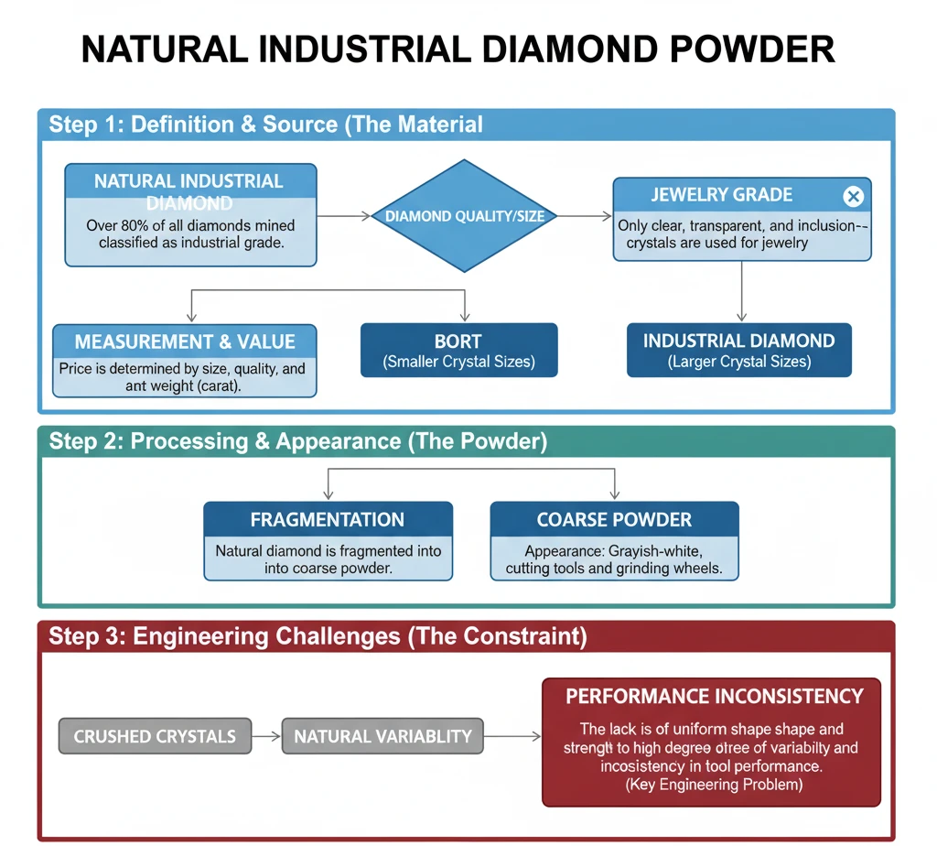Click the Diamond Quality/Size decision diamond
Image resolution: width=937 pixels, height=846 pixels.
(465, 216)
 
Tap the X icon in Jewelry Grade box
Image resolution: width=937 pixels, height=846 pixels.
(852, 196)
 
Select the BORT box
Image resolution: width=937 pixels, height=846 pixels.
(458, 350)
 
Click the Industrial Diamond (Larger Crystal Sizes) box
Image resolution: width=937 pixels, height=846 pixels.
(738, 350)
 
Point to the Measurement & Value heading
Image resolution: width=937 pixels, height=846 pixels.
(185, 342)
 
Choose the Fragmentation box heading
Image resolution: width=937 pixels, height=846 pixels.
(327, 519)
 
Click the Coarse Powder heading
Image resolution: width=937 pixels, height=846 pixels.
(614, 519)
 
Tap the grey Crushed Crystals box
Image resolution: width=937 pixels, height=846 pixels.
(155, 736)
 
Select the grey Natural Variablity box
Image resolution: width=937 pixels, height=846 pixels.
(382, 736)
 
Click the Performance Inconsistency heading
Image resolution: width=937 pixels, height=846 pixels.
(714, 696)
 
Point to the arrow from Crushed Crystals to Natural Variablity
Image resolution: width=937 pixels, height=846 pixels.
(265, 736)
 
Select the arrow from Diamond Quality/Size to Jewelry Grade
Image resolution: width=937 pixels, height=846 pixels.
(585, 216)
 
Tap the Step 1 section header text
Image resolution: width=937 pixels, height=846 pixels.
(265, 125)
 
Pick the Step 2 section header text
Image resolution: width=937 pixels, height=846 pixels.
(297, 441)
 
